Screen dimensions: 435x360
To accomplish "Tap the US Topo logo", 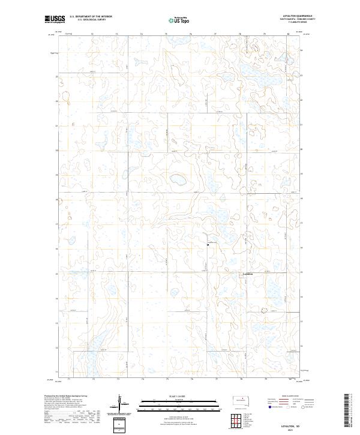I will pyautogui.click(x=173, y=20).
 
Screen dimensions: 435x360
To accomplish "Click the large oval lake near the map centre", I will pyautogui.click(x=178, y=179).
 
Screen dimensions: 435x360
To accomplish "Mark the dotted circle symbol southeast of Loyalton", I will pyautogui.click(x=263, y=310).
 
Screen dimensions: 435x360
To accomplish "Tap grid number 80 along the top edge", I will pyautogui.click(x=288, y=34).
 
